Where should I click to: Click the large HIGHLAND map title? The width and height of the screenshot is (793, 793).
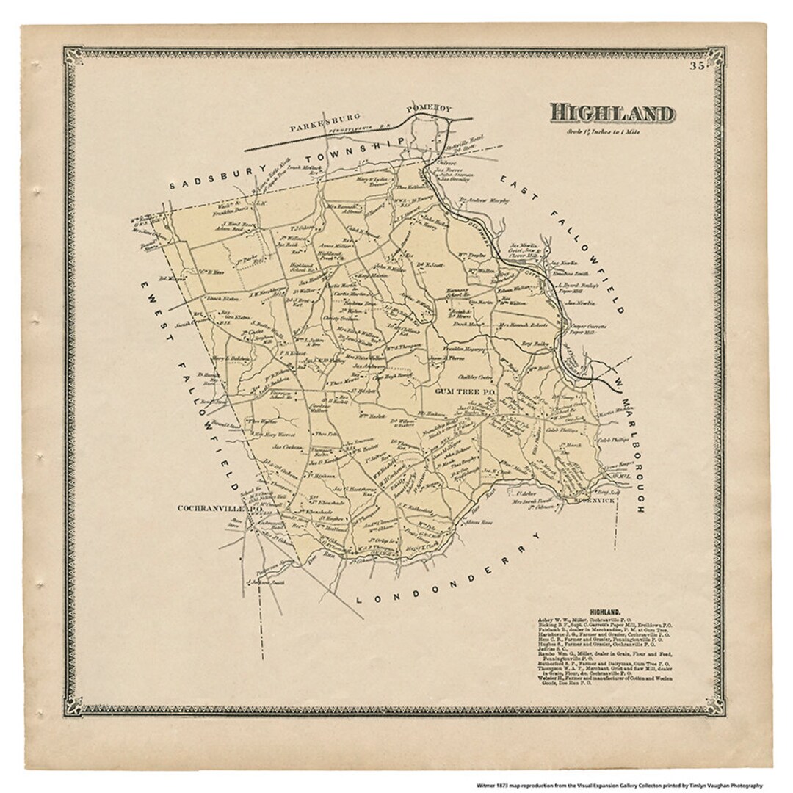(612, 114)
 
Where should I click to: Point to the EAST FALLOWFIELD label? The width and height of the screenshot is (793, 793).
(565, 242)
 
